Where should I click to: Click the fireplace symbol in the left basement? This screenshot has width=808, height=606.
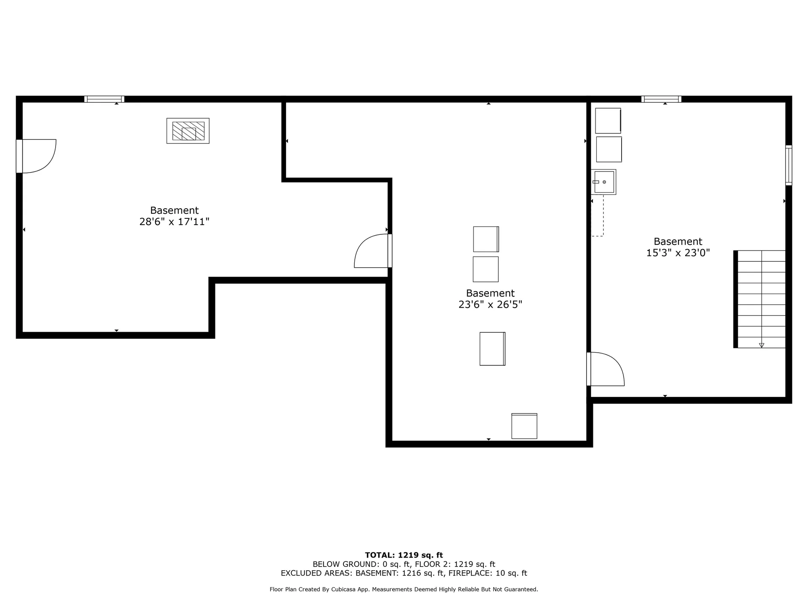click(188, 131)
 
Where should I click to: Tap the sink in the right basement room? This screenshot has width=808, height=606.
click(603, 182)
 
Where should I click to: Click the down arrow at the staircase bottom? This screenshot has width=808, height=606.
click(761, 345)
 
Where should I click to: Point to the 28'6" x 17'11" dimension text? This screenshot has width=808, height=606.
click(174, 222)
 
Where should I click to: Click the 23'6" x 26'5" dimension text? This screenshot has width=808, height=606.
click(490, 304)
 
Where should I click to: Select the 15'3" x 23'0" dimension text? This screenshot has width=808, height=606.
click(678, 253)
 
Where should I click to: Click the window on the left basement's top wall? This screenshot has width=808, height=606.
click(104, 99)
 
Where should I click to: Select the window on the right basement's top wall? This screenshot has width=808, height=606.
click(661, 99)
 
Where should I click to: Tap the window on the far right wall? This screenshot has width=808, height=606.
click(789, 165)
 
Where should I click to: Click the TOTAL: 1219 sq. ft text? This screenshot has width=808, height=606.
click(404, 555)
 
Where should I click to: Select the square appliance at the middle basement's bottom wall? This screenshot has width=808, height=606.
click(524, 426)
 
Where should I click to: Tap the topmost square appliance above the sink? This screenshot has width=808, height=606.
click(608, 121)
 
